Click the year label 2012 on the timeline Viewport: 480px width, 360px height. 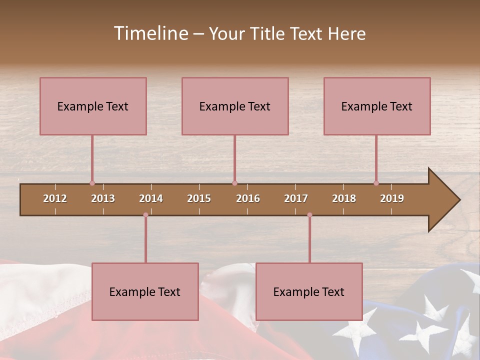[x=55, y=198]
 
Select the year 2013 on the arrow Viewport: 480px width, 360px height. [x=103, y=198]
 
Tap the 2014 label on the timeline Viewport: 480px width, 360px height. [x=151, y=198]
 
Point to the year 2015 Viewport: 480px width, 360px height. [x=199, y=198]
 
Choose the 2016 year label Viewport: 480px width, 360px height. [x=248, y=198]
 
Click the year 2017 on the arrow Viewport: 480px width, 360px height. [x=296, y=198]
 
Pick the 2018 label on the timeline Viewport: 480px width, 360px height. [x=344, y=198]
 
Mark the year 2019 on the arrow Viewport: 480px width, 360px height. [x=392, y=198]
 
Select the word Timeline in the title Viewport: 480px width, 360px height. [x=150, y=33]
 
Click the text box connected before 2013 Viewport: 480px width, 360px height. [x=93, y=106]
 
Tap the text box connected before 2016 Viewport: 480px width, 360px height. [x=235, y=106]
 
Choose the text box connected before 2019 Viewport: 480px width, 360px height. [x=377, y=106]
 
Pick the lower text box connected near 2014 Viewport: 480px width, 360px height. [x=145, y=291]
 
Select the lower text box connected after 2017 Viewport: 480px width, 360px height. [x=309, y=291]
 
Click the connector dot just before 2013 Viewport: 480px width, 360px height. [x=92, y=183]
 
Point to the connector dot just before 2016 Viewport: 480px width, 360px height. [x=234, y=183]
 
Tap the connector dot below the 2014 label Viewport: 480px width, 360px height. [x=145, y=215]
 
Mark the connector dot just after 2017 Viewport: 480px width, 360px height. [x=309, y=215]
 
